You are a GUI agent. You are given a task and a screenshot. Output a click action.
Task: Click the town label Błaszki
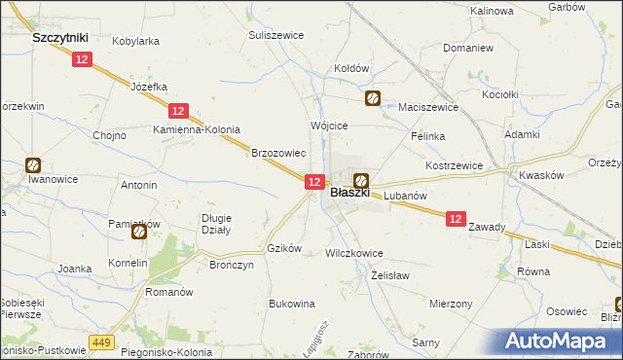coord(349,194)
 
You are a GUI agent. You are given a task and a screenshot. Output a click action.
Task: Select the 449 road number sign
coord(101,342)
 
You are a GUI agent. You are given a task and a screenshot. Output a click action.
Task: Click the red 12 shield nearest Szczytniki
coord(82,59)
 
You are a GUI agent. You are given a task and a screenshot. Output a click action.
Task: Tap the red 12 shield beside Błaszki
coord(313,182)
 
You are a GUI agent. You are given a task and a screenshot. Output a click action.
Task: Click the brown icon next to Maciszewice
coord(373,98)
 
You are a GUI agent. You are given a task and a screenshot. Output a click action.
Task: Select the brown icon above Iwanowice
coord(33,164)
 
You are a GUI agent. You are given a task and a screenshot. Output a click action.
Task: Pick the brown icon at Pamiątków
coord(139,232)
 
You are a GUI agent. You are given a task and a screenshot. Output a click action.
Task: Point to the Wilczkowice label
coord(353,252)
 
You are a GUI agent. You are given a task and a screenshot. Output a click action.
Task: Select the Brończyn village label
coord(232,264)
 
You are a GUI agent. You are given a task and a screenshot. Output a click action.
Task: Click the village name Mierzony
coord(450,304)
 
